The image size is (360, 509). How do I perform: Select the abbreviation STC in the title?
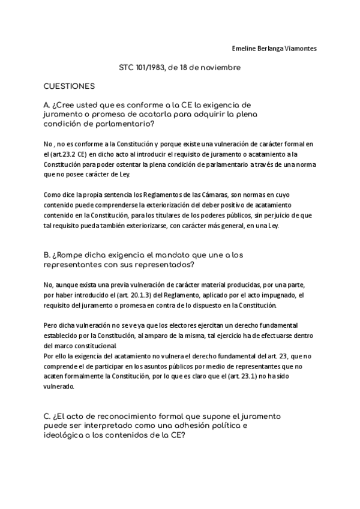click(127, 68)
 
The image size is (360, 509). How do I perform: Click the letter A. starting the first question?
click(47, 104)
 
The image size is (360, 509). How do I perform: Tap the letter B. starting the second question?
click(47, 255)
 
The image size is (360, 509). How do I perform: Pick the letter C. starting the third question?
click(47, 416)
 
